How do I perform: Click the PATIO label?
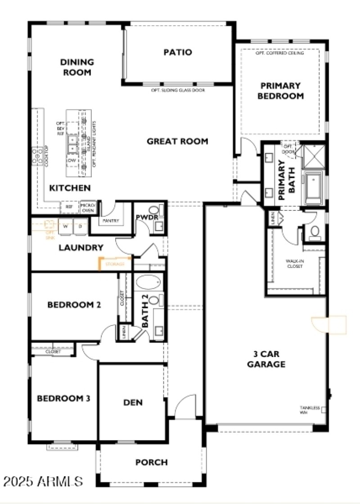tap(177, 53)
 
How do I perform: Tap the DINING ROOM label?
tap(77, 67)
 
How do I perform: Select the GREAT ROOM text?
tap(177, 141)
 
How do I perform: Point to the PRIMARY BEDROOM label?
tap(281, 90)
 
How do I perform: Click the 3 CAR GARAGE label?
tap(266, 359)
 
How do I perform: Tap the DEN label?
tap(133, 402)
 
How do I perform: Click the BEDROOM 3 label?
tap(63, 398)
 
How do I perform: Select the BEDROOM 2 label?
tap(74, 305)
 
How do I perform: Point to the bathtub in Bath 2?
tap(148, 283)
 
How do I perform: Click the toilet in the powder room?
tap(154, 210)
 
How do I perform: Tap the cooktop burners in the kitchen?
tap(36, 156)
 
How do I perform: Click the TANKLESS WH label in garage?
tap(310, 410)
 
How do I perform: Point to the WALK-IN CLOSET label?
tap(294, 263)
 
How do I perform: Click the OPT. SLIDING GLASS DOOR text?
tap(178, 90)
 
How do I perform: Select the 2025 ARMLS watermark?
tap(43, 482)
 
